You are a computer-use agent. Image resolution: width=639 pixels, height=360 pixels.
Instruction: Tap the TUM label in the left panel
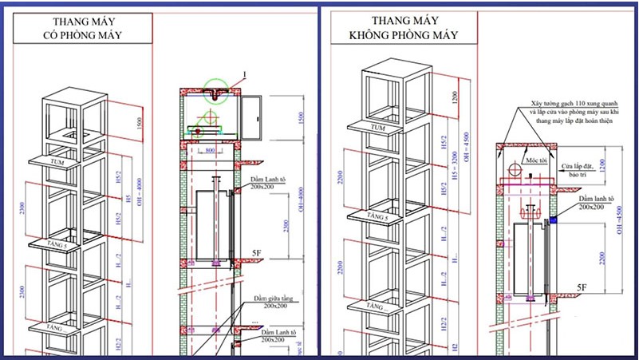pos(56,161)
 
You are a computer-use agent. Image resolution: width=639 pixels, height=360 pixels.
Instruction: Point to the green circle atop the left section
pos(214,90)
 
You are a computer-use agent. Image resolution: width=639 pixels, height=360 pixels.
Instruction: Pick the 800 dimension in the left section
pos(209,149)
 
